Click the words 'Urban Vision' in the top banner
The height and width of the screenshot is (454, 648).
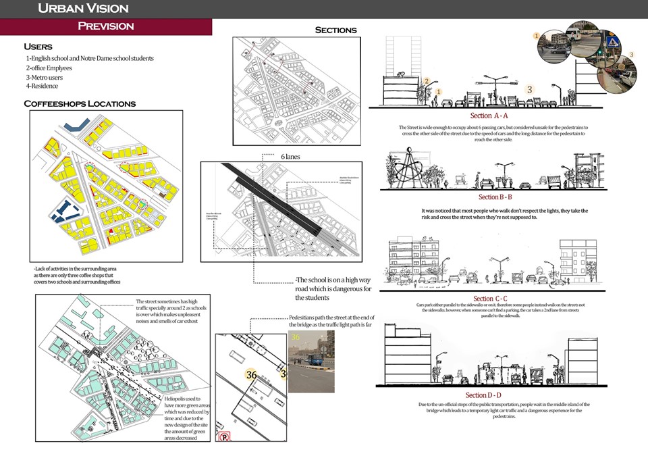point(83,9)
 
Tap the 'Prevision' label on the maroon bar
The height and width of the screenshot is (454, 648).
point(106,26)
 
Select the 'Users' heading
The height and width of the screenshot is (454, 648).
point(38,47)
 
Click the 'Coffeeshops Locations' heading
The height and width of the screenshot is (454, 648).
point(80,103)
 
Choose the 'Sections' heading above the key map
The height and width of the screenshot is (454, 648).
point(335,30)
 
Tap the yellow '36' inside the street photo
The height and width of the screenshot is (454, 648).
point(295,336)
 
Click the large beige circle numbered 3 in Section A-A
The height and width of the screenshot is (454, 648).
point(530,89)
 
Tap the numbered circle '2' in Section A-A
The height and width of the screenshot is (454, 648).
point(427,82)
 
